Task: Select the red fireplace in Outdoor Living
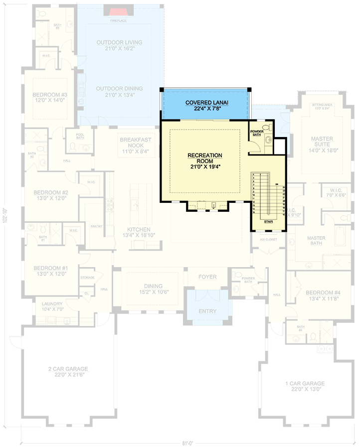pyautogui.click(x=118, y=12)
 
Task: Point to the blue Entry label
pyautogui.click(x=207, y=311)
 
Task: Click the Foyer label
pyautogui.click(x=207, y=277)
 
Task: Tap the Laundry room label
pyautogui.click(x=52, y=306)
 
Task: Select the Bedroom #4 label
pyautogui.click(x=323, y=296)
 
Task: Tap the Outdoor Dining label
pyautogui.click(x=119, y=92)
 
